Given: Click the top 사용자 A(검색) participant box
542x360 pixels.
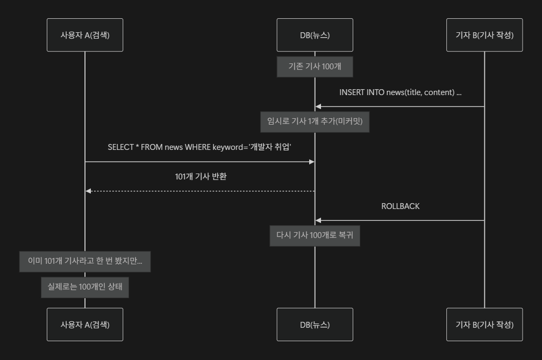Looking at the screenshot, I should point(85,35).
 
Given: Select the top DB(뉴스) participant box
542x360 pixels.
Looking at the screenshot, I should point(315,35).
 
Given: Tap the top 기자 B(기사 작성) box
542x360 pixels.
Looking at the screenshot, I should point(484,35).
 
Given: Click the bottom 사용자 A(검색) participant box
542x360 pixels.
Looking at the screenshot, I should point(85,325).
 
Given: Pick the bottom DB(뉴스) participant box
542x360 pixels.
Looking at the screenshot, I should point(315,325).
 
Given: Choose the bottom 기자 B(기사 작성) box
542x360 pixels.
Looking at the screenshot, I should point(484,325).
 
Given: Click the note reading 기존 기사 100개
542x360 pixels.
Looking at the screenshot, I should point(315,67).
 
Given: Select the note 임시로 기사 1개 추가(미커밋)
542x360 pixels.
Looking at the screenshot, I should point(315,121).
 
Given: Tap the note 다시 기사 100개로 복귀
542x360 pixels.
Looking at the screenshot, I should point(315,235).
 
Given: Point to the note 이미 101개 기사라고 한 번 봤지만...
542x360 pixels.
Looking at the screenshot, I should point(85,262).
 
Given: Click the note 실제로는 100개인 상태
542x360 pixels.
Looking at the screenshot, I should point(85,286).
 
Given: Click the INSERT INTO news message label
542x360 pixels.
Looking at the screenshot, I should point(400,92).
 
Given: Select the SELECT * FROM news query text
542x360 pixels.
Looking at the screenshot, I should point(199,147).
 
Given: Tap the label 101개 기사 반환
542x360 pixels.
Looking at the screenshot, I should point(201,176).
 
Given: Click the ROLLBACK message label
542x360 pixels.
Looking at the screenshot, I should point(400,206).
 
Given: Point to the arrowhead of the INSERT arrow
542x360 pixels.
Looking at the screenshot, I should point(318,106).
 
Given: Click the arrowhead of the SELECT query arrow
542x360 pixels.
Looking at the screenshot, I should point(311,162).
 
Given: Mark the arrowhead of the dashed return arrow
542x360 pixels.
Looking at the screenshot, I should point(88,191).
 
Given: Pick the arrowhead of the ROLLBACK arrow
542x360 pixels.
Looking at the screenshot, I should point(318,220).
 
